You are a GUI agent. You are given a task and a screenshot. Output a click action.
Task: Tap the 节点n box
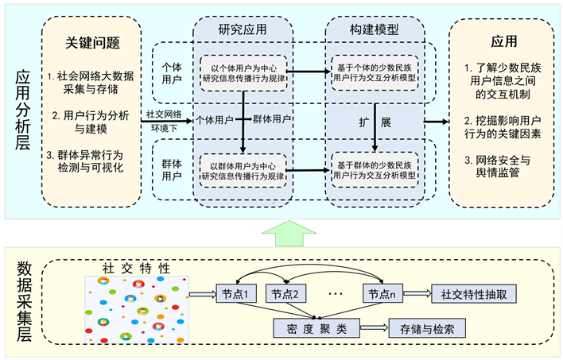[382, 293]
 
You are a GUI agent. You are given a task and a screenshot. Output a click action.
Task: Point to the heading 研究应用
[243, 29]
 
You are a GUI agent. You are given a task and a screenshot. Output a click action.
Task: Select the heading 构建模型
[374, 29]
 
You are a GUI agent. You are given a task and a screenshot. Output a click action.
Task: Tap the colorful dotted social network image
[136, 309]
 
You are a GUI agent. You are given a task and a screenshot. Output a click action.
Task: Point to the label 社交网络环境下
[165, 120]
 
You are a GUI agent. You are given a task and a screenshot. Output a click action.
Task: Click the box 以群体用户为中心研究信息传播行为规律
[243, 169]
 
